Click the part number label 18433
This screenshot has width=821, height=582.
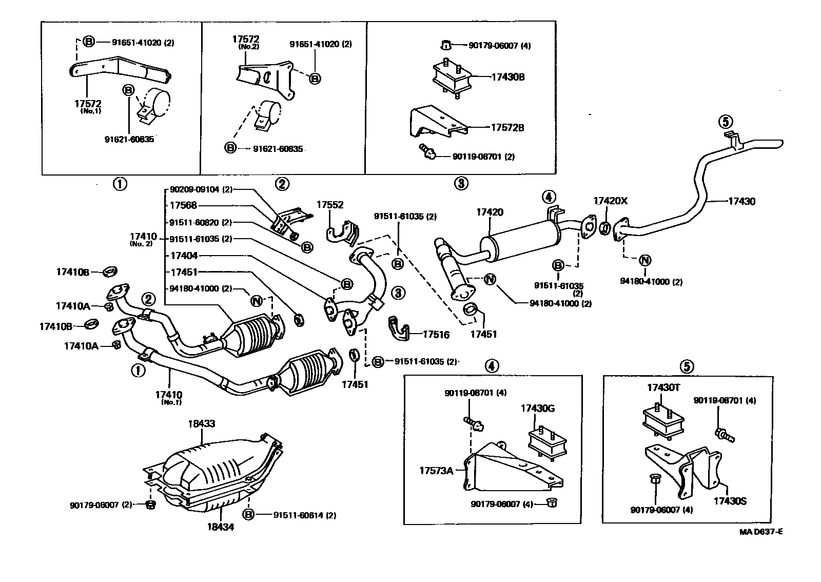tap(201, 424)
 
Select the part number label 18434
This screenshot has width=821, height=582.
tap(221, 527)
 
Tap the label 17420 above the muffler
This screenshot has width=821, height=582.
tap(490, 212)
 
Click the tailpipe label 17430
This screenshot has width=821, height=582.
tap(741, 202)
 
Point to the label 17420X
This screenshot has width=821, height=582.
tap(610, 201)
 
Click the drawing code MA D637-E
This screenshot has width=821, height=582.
tap(760, 532)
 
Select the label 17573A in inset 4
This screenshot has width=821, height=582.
tap(436, 470)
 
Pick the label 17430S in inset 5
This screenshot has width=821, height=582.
tap(729, 500)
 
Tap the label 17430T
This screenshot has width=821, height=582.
tap(663, 388)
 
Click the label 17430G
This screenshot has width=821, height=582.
tap(537, 409)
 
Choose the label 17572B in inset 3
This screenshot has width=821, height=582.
tap(507, 128)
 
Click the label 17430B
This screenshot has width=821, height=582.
tap(507, 77)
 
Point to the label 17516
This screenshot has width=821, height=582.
tap(436, 335)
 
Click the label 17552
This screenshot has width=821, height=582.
tap(329, 204)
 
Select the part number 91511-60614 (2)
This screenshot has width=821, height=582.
tap(304, 515)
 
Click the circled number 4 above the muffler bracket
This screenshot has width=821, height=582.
tap(548, 197)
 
